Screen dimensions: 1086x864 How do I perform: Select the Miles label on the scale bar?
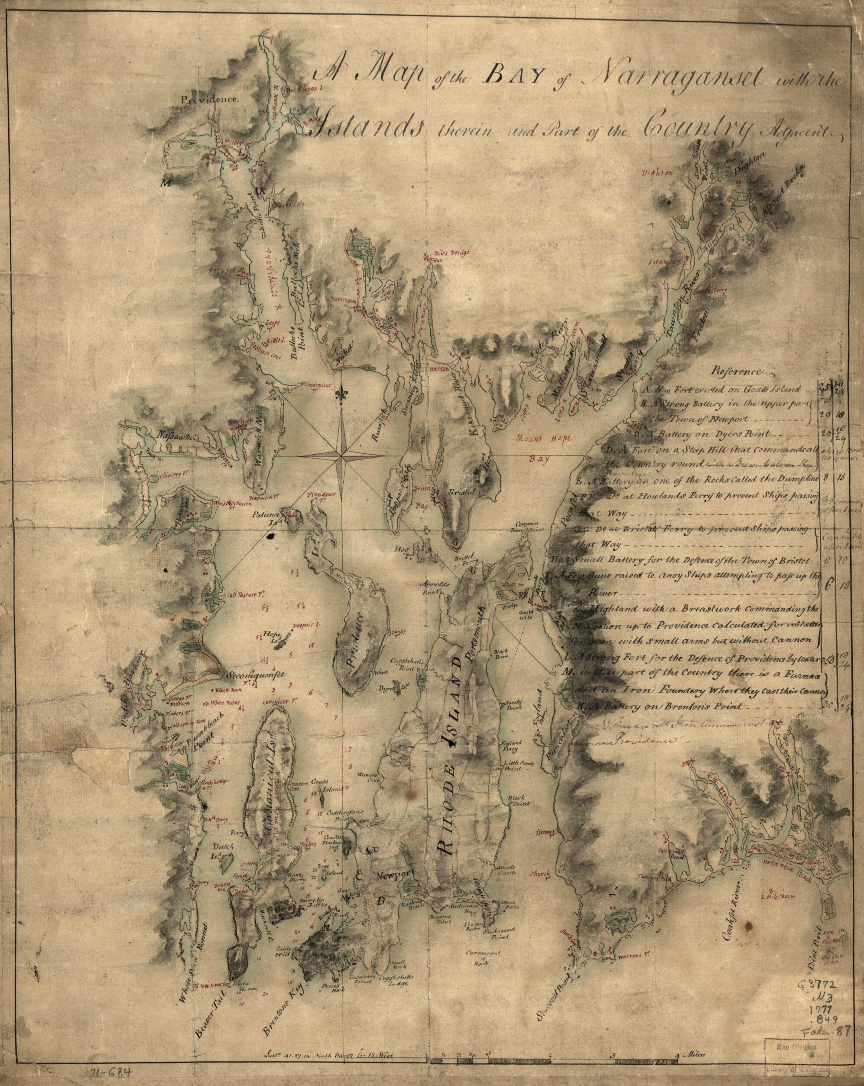point(697,1051)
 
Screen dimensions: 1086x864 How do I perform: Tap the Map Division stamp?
point(802,1057)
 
